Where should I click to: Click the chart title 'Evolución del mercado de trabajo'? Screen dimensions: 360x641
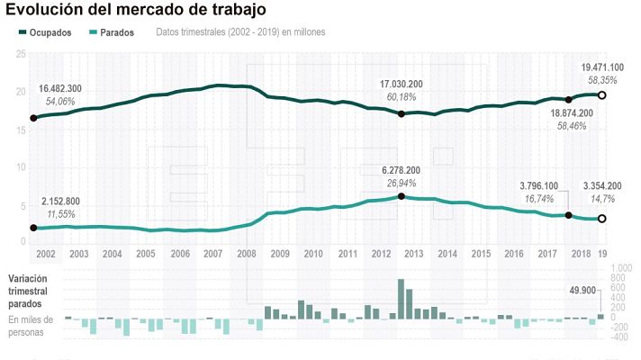click(x=135, y=11)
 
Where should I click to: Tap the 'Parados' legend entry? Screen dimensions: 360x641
click(x=112, y=32)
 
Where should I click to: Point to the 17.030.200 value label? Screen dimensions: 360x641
click(x=402, y=85)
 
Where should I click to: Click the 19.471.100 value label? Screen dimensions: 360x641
click(x=602, y=67)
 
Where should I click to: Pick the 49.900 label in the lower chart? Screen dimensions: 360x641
click(x=584, y=290)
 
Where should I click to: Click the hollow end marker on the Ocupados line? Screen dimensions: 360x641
click(x=602, y=94)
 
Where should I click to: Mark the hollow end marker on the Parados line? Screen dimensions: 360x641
click(x=602, y=218)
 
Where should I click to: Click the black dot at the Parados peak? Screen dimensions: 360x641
click(x=401, y=196)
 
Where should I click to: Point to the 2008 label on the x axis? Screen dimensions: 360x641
click(x=245, y=255)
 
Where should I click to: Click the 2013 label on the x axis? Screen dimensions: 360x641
click(x=413, y=255)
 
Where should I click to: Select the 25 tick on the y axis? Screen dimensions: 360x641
click(x=20, y=54)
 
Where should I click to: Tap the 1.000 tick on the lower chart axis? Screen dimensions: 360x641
click(x=620, y=268)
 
